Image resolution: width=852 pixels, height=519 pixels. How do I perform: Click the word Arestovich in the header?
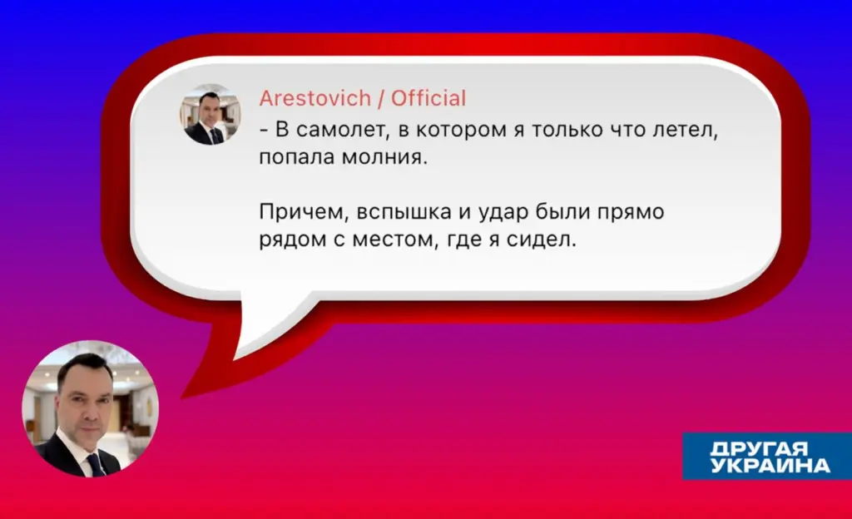[x=315, y=98]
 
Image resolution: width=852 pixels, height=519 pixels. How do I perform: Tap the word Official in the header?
[x=428, y=98]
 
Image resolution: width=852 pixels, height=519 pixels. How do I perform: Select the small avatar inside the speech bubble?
[x=211, y=114]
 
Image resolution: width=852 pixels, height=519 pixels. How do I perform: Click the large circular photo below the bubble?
[x=90, y=408]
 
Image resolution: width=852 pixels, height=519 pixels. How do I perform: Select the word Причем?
[x=304, y=212]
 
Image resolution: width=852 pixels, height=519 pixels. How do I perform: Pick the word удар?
[x=503, y=212]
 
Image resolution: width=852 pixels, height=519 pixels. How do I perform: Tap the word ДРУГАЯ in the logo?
[x=759, y=448]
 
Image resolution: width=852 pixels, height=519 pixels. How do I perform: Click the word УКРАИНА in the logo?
[x=770, y=465]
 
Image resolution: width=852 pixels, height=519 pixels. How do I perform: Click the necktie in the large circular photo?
[x=96, y=465]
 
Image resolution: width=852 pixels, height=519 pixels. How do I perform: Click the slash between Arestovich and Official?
[x=381, y=98]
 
